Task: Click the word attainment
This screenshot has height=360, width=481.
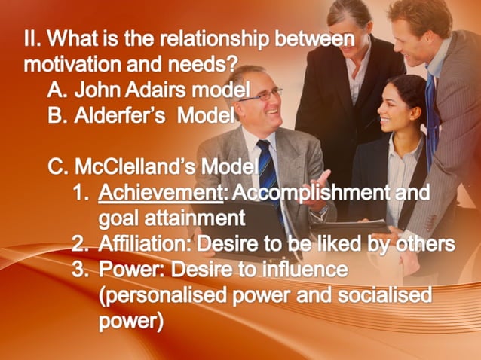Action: [x=196, y=218]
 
